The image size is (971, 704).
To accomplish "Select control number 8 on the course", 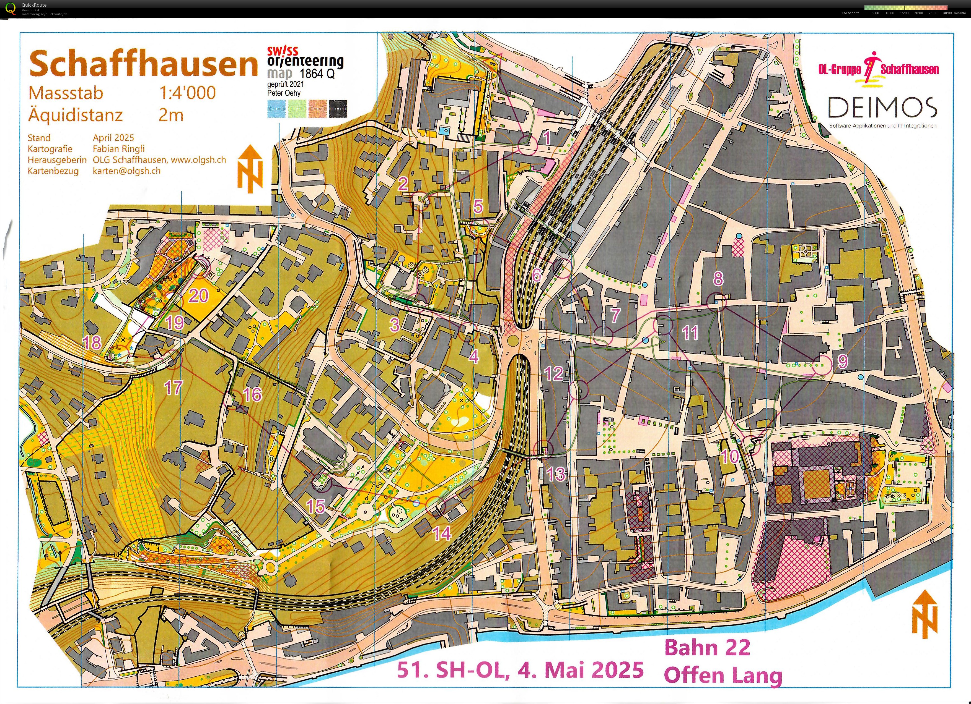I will [x=718, y=279].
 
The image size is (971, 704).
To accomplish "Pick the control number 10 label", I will [x=729, y=457].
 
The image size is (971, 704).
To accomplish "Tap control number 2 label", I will [x=403, y=184].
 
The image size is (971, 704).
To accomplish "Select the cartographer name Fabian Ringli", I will [x=119, y=149].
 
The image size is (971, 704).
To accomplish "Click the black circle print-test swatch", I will [x=338, y=109].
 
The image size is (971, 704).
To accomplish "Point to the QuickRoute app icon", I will [x=12, y=8].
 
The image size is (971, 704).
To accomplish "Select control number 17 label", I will [x=174, y=388].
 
